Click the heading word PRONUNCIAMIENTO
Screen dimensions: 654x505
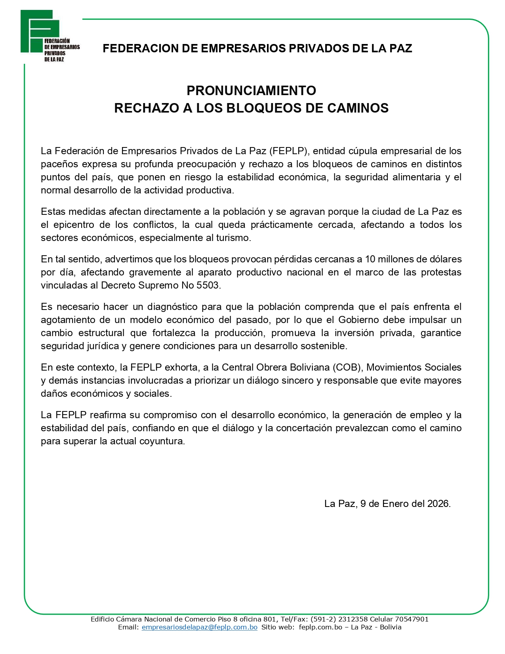pos(251,91)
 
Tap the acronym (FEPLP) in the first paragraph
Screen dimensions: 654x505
pos(289,151)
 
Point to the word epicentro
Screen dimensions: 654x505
pos(74,225)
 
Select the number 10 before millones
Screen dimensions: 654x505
pos(370,259)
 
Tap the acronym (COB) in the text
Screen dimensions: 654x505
pos(347,367)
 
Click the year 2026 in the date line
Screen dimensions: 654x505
pos(439,504)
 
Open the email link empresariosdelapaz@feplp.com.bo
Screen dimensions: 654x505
pos(199,627)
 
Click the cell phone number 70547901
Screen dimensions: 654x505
pos(412,619)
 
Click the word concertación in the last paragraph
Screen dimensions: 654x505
pos(304,428)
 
